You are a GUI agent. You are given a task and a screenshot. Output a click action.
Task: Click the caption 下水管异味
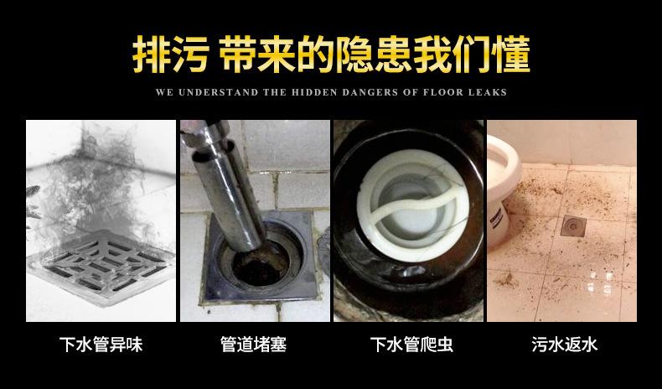[x=101, y=345]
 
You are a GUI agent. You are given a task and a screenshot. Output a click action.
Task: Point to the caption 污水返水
[x=564, y=345]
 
